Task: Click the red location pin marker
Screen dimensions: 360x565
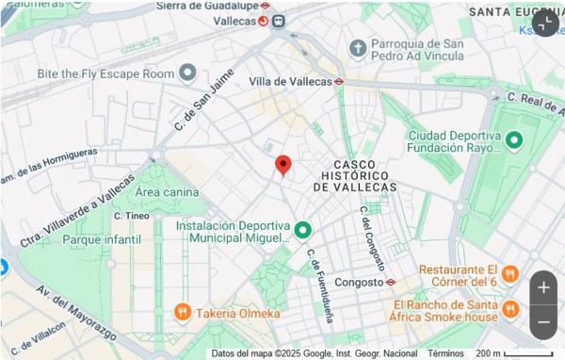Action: (282, 166)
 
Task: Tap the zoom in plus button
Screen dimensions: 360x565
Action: (543, 287)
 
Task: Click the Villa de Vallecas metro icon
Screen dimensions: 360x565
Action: (339, 81)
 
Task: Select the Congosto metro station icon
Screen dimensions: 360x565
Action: (391, 282)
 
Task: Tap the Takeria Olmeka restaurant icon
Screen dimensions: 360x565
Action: (182, 312)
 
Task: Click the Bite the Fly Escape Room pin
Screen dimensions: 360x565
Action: (187, 73)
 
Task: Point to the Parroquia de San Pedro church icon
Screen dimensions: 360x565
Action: (357, 47)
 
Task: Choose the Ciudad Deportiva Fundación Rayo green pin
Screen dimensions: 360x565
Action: (514, 142)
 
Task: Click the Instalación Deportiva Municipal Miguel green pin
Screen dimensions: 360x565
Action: (302, 229)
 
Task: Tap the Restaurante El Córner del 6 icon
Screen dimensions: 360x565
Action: (509, 274)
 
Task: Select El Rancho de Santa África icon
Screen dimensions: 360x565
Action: (509, 309)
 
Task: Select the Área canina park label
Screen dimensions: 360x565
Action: (168, 192)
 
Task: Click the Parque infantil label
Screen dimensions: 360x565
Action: (101, 239)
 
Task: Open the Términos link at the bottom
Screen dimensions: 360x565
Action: (445, 353)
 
